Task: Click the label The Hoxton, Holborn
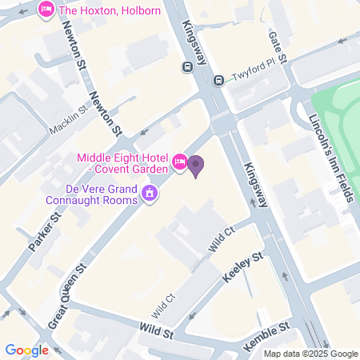point(110,10)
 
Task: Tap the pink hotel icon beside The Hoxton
point(46,10)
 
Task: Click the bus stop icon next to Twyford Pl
point(218,79)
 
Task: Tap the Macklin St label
point(67,116)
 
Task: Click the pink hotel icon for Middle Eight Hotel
point(180,163)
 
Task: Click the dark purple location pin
point(196,166)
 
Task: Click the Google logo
point(26,350)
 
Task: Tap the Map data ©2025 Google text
point(310,354)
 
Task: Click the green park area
point(340,128)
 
